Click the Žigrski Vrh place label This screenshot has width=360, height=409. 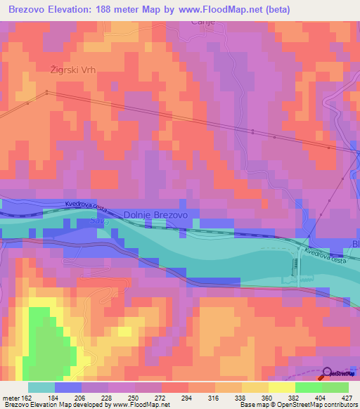click(x=72, y=70)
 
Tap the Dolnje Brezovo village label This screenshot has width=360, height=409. click(x=155, y=216)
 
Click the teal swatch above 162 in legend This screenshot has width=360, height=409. click(x=41, y=387)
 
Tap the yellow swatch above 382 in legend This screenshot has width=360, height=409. click(x=282, y=387)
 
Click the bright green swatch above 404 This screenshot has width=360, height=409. click(x=309, y=387)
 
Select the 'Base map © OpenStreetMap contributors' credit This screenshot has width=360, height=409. click(x=298, y=405)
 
